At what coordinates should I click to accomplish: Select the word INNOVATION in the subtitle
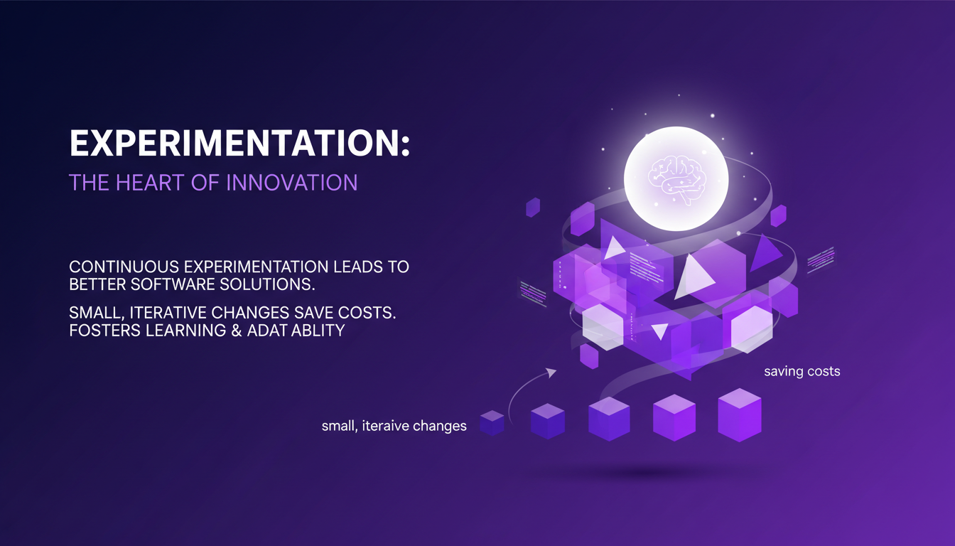[x=292, y=182]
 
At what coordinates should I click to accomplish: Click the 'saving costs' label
[x=802, y=371]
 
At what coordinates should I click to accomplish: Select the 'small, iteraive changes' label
[x=394, y=427]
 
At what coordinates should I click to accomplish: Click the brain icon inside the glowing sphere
[x=676, y=177]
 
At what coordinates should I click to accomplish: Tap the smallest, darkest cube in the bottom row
[x=492, y=422]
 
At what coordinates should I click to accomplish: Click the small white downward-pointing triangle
[x=659, y=331]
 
